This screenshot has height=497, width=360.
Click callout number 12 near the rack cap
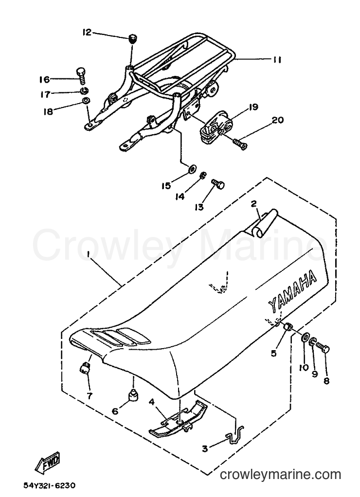coord(87,32)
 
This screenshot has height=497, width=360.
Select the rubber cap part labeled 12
coord(133,39)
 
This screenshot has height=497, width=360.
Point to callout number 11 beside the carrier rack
coord(277,60)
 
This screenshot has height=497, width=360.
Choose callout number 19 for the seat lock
coord(253,107)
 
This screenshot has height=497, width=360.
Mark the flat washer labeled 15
coord(192,169)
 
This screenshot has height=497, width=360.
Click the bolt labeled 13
coord(218,183)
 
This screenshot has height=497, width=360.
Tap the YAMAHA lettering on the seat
coord(292,292)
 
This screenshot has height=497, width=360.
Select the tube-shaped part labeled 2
coord(263,224)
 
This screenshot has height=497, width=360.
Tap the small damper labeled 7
coord(85,368)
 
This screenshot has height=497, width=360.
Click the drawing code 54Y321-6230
coord(50,485)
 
